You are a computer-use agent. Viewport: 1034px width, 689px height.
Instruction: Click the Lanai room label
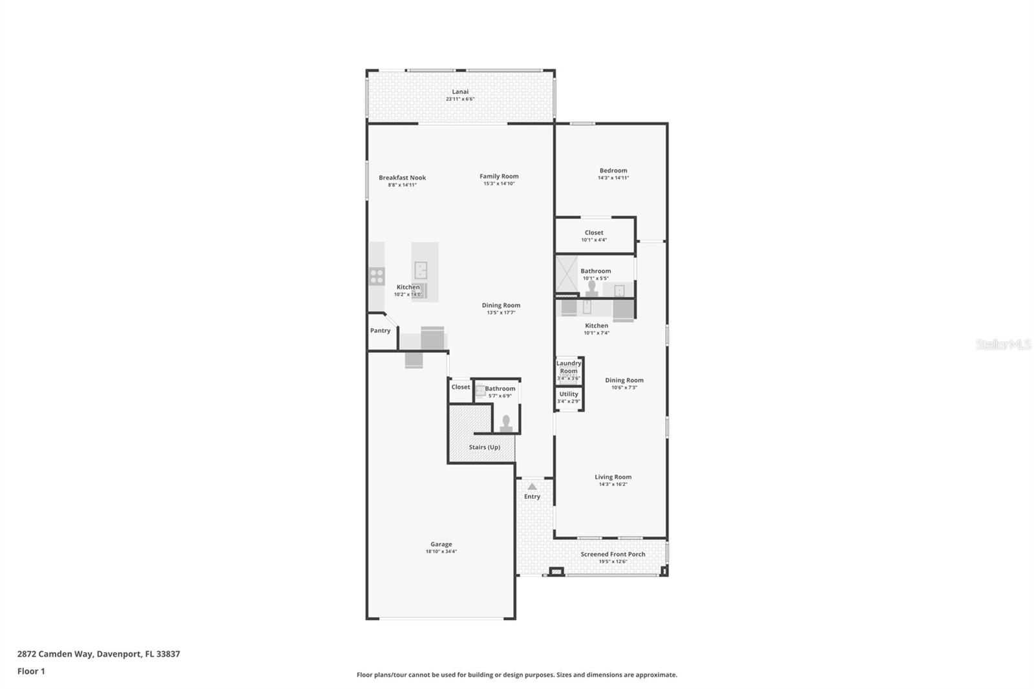pos(460,92)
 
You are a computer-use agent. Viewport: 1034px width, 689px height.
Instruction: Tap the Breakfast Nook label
pos(402,178)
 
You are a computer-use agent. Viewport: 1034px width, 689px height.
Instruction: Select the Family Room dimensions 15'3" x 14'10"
pos(499,184)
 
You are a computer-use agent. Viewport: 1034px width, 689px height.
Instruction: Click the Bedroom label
pos(613,171)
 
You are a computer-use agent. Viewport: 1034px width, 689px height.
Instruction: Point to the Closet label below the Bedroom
pos(594,233)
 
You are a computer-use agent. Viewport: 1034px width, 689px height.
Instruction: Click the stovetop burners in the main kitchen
pos(377,277)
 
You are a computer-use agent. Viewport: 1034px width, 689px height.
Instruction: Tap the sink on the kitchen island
pos(421,270)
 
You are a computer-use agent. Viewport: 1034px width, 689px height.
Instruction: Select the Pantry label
pos(380,331)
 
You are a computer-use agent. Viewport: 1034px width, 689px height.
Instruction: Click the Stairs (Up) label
pos(484,447)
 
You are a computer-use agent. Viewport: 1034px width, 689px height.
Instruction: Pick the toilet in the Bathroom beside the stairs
pos(506,423)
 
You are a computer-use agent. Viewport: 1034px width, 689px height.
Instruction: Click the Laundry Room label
pos(569,367)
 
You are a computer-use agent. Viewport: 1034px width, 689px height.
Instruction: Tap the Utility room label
pos(569,394)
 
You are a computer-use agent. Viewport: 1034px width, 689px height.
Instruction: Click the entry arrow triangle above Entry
pos(532,487)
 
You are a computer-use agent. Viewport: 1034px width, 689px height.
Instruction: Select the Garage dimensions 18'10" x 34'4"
pos(441,552)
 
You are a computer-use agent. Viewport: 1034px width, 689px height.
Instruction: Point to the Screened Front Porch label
pos(613,555)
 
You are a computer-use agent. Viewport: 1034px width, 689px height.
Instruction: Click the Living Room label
pos(613,477)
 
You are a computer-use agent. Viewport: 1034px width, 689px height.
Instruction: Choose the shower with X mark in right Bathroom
pos(567,275)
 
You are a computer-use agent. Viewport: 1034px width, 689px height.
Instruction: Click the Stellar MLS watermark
pos(1003,345)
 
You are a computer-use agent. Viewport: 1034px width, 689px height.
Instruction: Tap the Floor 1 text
pos(31,672)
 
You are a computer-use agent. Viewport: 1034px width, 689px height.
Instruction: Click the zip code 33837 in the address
pos(168,654)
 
